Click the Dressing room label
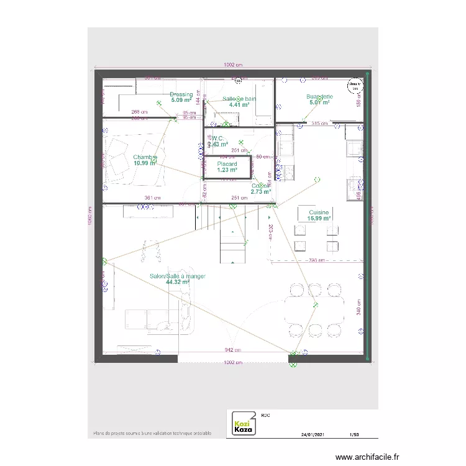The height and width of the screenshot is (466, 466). pyautogui.click(x=181, y=94)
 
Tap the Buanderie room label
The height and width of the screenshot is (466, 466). pyautogui.click(x=319, y=97)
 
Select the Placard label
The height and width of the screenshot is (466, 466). pyautogui.click(x=227, y=164)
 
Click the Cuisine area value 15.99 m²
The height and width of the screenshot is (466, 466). pyautogui.click(x=319, y=219)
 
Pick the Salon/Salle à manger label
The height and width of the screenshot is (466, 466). pyautogui.click(x=178, y=276)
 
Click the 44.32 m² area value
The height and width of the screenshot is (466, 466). pyautogui.click(x=178, y=282)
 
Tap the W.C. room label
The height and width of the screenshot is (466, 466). pyautogui.click(x=217, y=139)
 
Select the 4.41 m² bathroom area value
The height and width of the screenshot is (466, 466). pyautogui.click(x=239, y=105)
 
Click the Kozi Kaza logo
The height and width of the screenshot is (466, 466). pyautogui.click(x=242, y=424)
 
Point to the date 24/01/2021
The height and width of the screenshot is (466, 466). pyautogui.click(x=313, y=435)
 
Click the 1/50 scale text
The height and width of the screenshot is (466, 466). pyautogui.click(x=355, y=435)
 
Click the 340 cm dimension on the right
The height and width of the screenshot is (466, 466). pyautogui.click(x=359, y=311)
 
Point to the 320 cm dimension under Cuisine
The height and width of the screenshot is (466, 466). pyautogui.click(x=317, y=260)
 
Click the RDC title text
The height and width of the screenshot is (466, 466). pyautogui.click(x=265, y=414)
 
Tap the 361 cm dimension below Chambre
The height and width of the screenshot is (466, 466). pyautogui.click(x=152, y=198)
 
